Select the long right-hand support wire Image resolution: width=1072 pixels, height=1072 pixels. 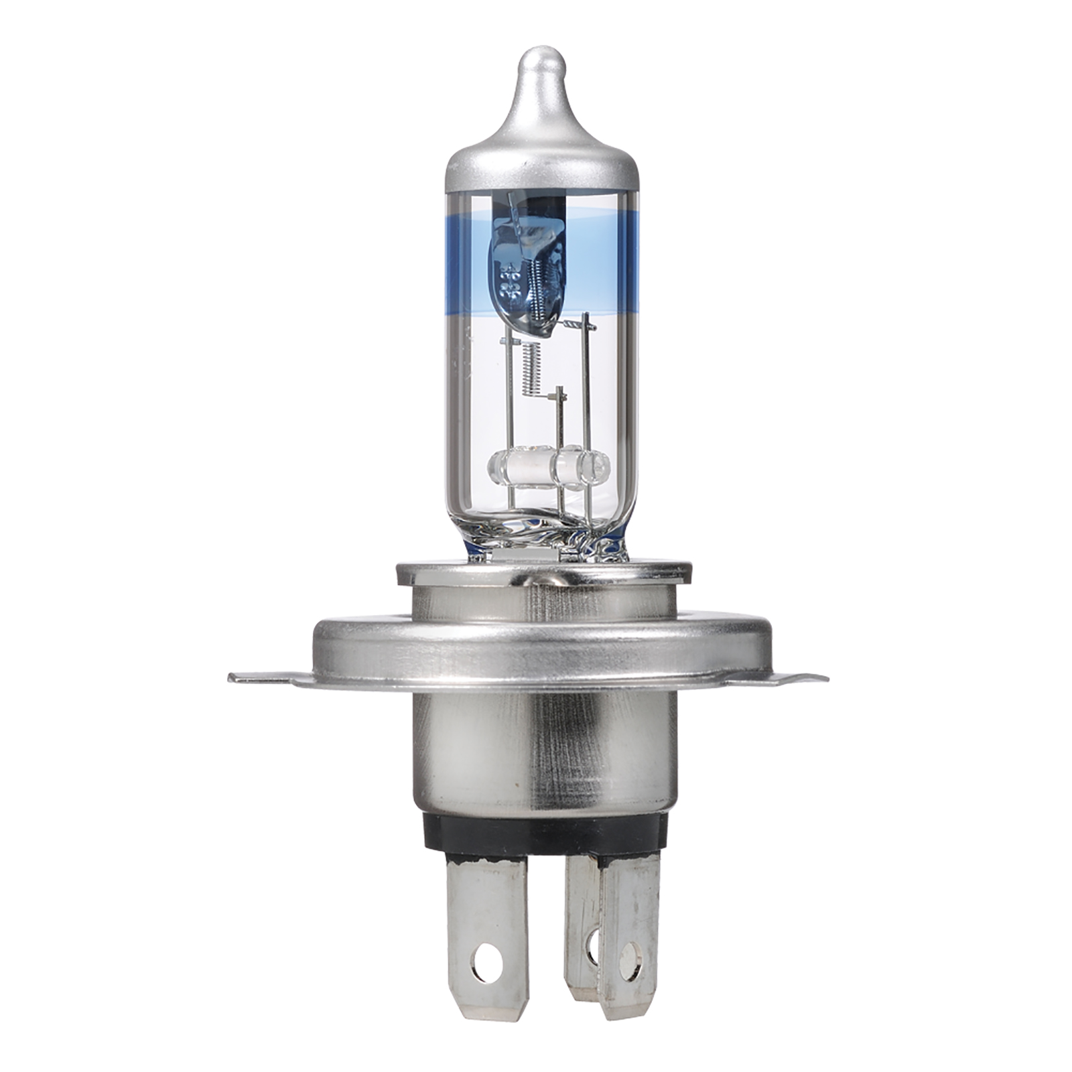[588, 402]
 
